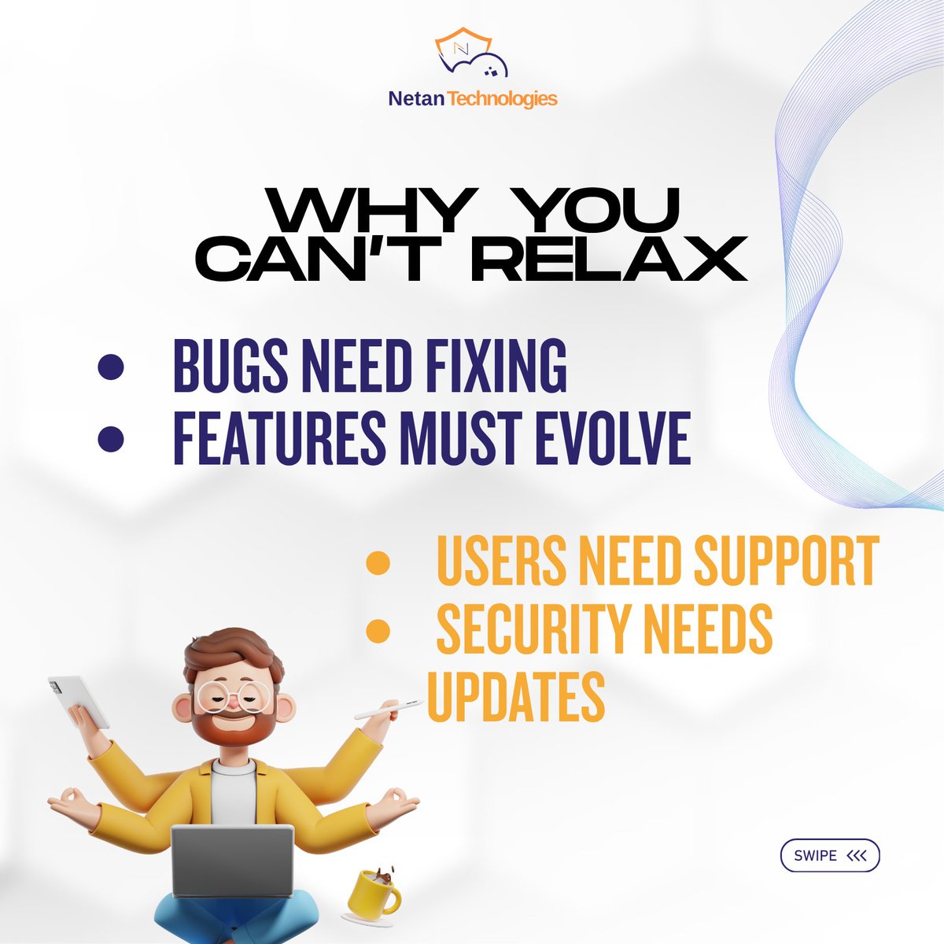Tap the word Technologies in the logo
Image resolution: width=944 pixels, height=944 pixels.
click(503, 99)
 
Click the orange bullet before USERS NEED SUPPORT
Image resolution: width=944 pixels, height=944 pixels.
click(378, 563)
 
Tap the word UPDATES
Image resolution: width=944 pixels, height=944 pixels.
click(516, 697)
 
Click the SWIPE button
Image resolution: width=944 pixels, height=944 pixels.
click(830, 856)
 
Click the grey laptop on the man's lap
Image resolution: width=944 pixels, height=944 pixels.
click(233, 861)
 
